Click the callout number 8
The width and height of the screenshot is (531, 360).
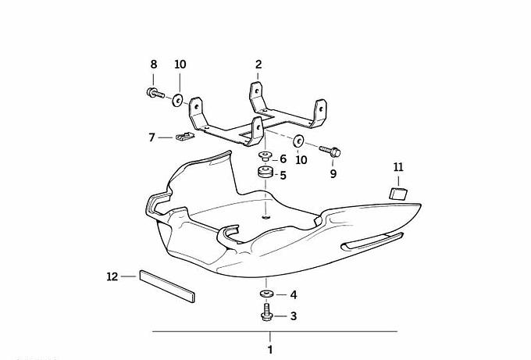pyautogui.click(x=154, y=64)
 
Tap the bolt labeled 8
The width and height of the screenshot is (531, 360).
pyautogui.click(x=155, y=93)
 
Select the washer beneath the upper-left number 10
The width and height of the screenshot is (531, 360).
pyautogui.click(x=177, y=100)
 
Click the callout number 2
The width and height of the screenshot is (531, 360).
pyautogui.click(x=258, y=64)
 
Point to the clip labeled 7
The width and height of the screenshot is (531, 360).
pyautogui.click(x=185, y=137)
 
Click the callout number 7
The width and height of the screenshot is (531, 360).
pyautogui.click(x=151, y=137)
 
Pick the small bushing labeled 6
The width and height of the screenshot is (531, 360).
pyautogui.click(x=265, y=156)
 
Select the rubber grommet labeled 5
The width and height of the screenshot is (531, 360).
pyautogui.click(x=265, y=172)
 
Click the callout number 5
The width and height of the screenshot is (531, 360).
pyautogui.click(x=283, y=176)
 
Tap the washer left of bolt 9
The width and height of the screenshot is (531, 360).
pyautogui.click(x=298, y=141)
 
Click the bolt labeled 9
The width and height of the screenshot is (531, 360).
pyautogui.click(x=330, y=151)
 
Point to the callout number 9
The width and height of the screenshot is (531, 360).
pyautogui.click(x=333, y=174)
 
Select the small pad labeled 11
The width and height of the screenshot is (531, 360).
pyautogui.click(x=398, y=194)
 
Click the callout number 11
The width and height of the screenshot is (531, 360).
pyautogui.click(x=398, y=167)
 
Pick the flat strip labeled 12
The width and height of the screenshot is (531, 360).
pyautogui.click(x=167, y=286)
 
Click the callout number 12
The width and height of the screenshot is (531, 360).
pyautogui.click(x=112, y=276)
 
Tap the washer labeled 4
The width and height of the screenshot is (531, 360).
pyautogui.click(x=267, y=294)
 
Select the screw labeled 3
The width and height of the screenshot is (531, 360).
pyautogui.click(x=267, y=312)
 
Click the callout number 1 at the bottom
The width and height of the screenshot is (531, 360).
pyautogui.click(x=270, y=350)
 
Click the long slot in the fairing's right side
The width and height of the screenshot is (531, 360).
pyautogui.click(x=372, y=241)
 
